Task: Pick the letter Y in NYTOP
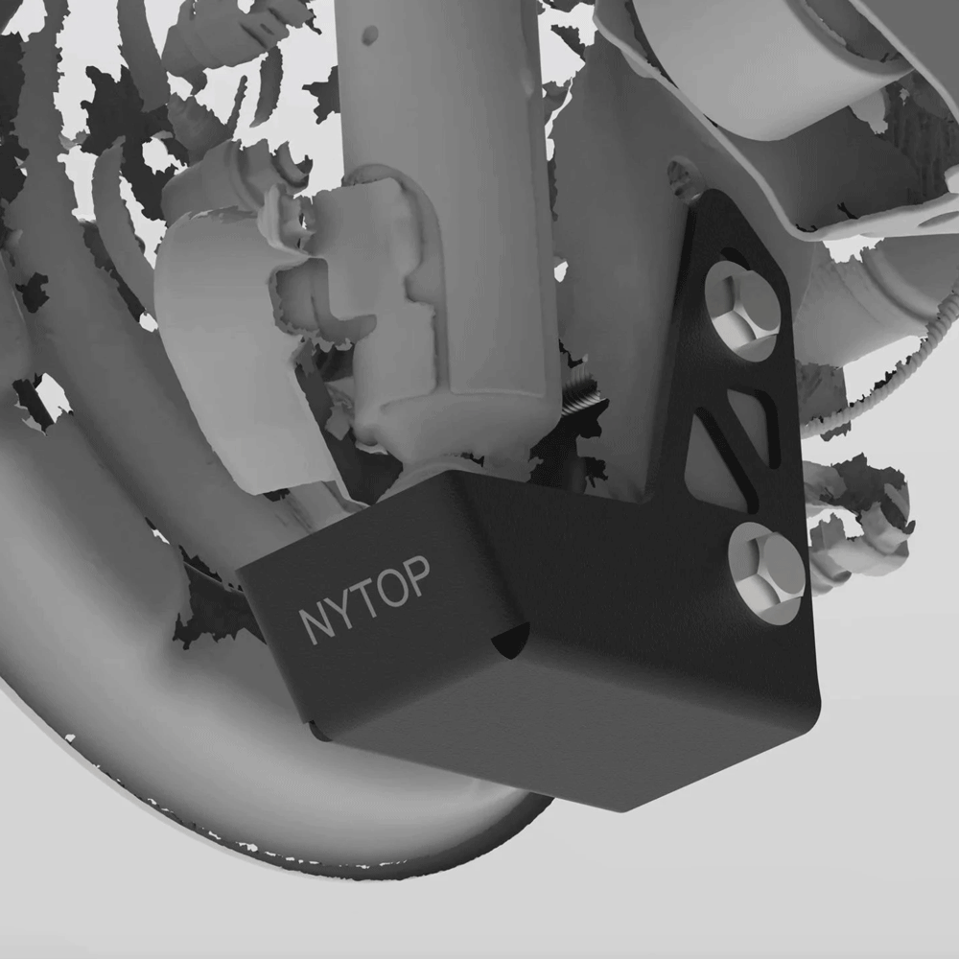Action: (x=340, y=612)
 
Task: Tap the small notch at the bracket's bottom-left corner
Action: (x=314, y=731)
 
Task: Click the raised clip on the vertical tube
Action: (x=364, y=288)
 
